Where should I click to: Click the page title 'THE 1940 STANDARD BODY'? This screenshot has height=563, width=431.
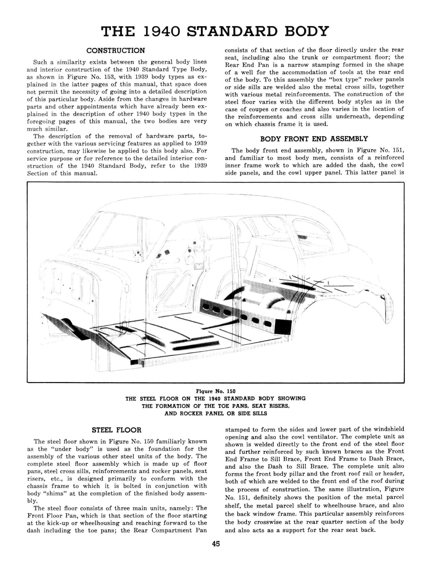coord(215,31)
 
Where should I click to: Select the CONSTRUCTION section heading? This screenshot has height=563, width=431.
coord(116,51)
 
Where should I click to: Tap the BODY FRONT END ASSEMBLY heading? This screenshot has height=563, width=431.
coord(314,139)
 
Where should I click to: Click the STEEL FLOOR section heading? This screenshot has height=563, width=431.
coord(116,430)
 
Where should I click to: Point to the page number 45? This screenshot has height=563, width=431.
coord(216,544)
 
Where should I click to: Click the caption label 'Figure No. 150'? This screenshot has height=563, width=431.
coord(216,391)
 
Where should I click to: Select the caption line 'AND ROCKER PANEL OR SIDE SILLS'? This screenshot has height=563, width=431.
coord(216,414)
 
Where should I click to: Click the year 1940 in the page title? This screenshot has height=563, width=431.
coord(162,31)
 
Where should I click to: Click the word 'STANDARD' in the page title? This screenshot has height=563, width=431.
coord(232,31)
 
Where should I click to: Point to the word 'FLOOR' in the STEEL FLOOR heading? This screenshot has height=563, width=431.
coord(129,430)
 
